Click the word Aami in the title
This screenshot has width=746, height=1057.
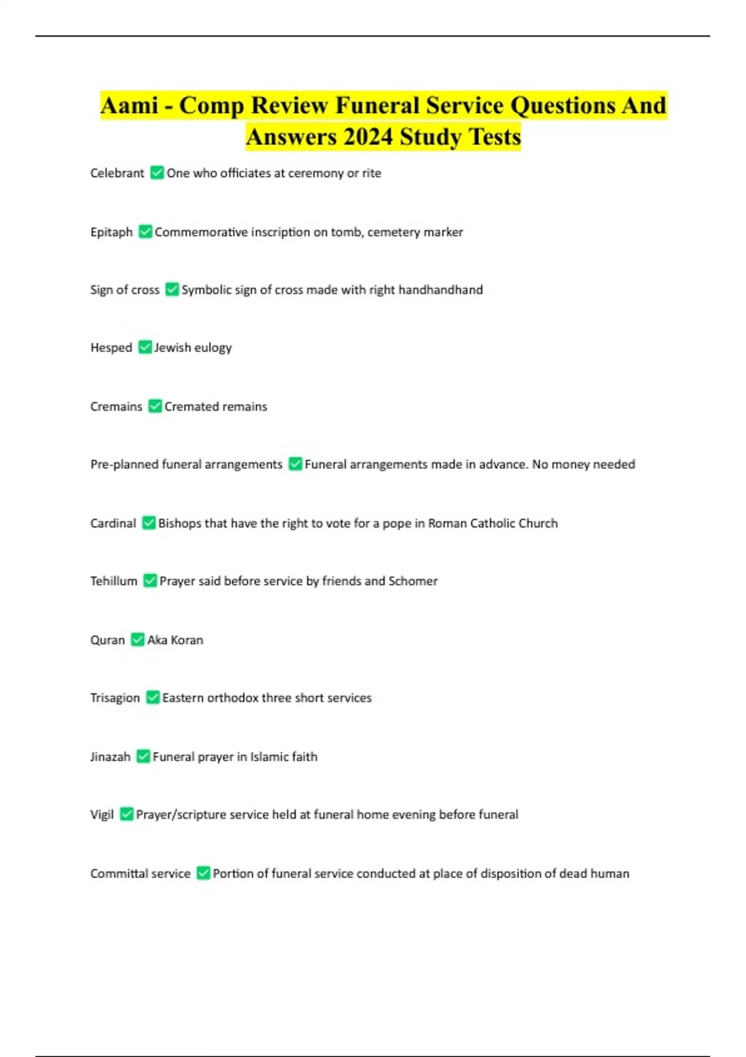[x=129, y=106]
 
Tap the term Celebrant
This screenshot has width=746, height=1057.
[x=117, y=173]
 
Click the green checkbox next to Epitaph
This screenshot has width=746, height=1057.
[x=145, y=232]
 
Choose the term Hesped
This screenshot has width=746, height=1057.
[x=111, y=348]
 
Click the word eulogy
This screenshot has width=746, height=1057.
[x=213, y=348]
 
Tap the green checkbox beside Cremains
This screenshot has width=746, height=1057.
[x=155, y=407]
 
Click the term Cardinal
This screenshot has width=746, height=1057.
[x=113, y=524]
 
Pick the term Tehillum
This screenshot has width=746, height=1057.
[x=114, y=581]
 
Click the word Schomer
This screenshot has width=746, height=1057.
[x=413, y=581]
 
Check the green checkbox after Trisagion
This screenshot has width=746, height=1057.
[x=153, y=698]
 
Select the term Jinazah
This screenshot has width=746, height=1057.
[x=110, y=757]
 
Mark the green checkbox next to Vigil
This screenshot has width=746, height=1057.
[x=127, y=815]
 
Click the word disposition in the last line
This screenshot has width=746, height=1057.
[x=511, y=874]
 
